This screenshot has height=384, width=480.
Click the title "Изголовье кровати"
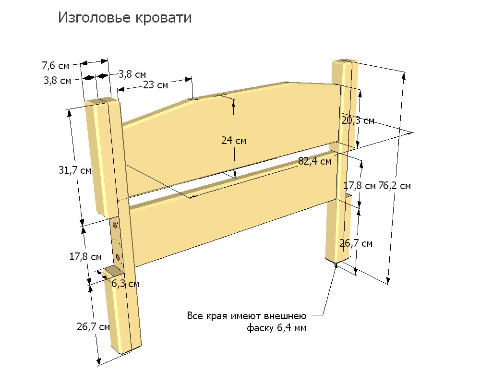coord(125,17)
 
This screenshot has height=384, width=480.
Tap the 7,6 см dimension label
coord(55,66)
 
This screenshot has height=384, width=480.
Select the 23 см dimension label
coord(156,85)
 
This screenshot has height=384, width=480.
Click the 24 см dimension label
coord(234,140)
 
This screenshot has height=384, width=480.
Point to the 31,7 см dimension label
coord(75,170)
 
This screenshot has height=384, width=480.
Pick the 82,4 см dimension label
coord(315,161)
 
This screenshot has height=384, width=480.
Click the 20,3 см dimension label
coord(358,120)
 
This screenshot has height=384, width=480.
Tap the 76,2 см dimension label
coord(395,186)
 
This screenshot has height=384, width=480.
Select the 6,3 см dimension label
coord(125,284)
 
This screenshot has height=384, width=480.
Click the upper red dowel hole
coord(115,225)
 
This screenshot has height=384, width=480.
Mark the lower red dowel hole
coord(118,257)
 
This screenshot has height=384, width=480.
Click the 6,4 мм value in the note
coord(291,328)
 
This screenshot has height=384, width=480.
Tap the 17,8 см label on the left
coord(85,257)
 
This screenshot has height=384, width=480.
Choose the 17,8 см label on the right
coord(360,186)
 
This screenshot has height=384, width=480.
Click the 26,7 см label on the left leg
coord(93,327)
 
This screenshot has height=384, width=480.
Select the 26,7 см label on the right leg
coord(356,243)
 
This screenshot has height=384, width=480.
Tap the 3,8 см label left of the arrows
coord(57,81)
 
